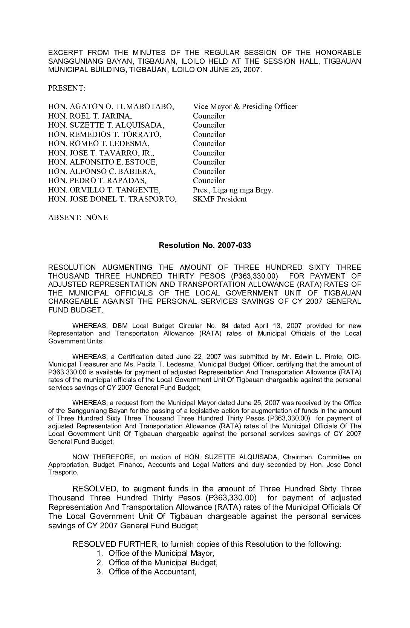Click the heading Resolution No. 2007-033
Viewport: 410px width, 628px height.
coord(205,245)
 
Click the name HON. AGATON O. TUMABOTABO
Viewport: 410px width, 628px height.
coord(111,106)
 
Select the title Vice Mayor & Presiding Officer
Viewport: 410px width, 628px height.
coord(245,106)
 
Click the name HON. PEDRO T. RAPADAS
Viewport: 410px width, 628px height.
coord(97,180)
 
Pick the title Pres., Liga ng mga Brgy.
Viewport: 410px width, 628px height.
coord(233,190)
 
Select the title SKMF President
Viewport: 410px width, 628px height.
coord(220,199)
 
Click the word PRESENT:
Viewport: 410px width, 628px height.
coord(67,88)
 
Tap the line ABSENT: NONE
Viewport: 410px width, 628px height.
coord(78,217)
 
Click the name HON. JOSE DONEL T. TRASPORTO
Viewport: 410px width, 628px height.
coord(112,199)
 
